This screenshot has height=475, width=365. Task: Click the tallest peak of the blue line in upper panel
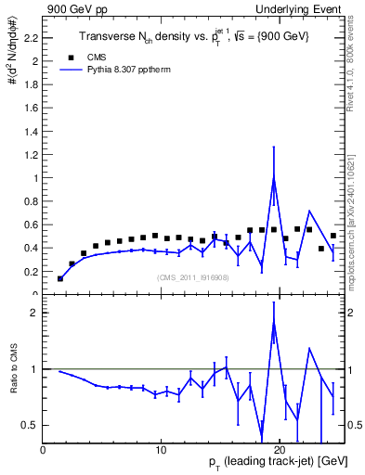[x=274, y=178]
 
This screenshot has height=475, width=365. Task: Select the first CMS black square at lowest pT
[x=60, y=278]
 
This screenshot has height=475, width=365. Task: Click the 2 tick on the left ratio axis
[x=33, y=313]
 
